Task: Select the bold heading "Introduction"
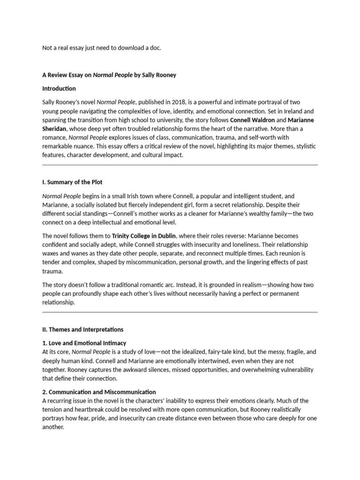click(59, 88)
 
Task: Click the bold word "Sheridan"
click(55, 128)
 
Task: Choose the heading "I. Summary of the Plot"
click(73, 182)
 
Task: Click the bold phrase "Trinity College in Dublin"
click(144, 236)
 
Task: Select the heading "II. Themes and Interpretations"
click(83, 330)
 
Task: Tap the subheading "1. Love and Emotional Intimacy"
click(84, 343)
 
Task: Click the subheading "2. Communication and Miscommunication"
click(99, 392)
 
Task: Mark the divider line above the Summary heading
click(180, 165)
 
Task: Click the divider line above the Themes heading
click(180, 312)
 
